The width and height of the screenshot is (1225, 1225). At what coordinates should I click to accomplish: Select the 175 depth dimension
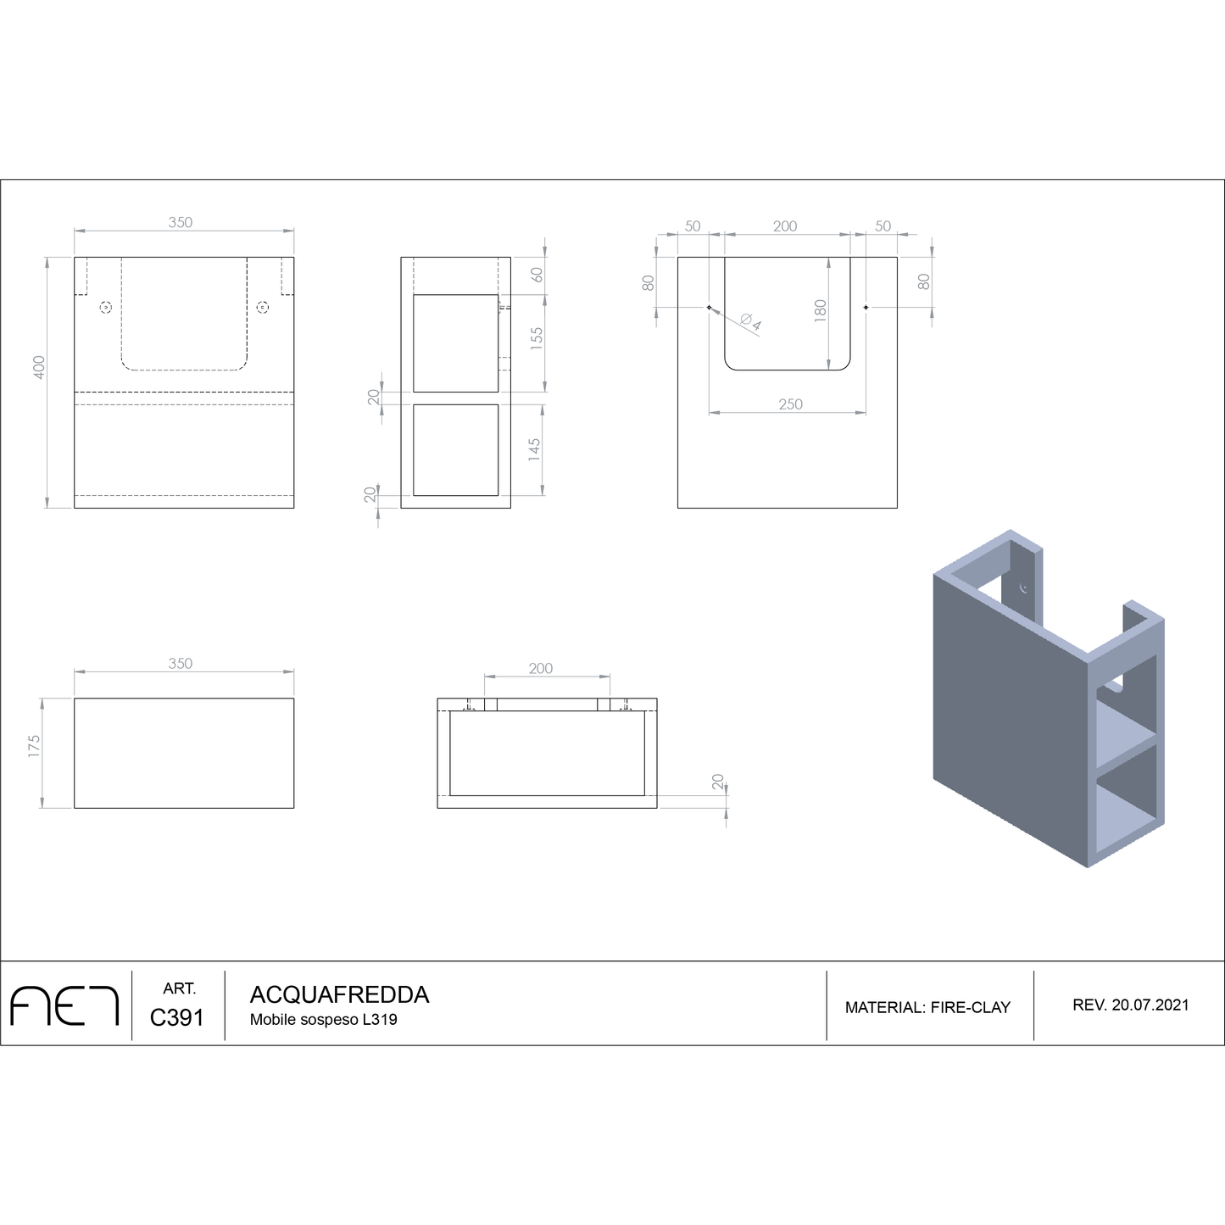(34, 746)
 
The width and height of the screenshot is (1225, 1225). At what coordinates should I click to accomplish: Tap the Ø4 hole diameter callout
(750, 322)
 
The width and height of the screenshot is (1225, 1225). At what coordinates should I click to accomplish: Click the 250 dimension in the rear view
(790, 404)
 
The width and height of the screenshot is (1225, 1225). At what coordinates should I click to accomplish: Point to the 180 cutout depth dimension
(820, 310)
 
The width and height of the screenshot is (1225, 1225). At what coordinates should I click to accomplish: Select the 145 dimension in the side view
(535, 448)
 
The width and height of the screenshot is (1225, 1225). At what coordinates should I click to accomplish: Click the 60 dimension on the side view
(536, 276)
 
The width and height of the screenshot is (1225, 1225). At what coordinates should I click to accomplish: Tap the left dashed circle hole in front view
(106, 307)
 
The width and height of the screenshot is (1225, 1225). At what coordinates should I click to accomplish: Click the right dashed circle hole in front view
(263, 307)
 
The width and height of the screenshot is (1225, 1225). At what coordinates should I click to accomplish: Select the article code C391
(177, 1017)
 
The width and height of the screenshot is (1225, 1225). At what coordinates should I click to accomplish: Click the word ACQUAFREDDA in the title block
(339, 994)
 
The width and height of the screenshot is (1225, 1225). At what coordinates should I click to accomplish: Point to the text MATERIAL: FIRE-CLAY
(927, 1007)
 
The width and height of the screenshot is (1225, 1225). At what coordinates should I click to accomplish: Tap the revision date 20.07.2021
(1150, 1005)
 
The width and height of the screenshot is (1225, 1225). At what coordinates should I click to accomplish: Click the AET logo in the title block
(64, 1005)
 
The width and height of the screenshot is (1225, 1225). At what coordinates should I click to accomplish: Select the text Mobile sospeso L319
(323, 1020)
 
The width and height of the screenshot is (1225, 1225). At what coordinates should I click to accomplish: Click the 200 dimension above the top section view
(541, 668)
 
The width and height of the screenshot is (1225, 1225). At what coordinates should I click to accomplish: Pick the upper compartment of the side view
(455, 343)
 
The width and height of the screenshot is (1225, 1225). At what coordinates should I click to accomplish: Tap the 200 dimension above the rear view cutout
(785, 226)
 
